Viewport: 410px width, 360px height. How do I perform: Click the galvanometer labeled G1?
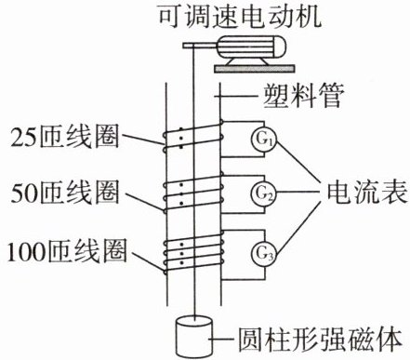point(264,140)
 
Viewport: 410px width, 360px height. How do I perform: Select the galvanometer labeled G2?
point(264,193)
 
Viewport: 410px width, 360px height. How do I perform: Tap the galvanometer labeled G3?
point(264,254)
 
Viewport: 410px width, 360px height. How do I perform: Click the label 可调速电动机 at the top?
point(239,16)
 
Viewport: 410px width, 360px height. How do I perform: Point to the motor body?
point(252,48)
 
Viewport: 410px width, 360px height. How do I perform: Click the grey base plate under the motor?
point(254,69)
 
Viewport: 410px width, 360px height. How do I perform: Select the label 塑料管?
point(303,96)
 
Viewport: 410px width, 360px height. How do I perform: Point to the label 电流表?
point(367,193)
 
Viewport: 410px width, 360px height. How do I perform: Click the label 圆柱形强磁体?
point(320,340)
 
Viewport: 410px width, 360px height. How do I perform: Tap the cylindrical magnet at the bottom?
point(194,337)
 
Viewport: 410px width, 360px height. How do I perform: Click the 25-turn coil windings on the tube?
point(193,138)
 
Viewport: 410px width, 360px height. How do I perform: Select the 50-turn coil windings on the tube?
point(192,193)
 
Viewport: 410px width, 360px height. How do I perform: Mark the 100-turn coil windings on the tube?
point(193,255)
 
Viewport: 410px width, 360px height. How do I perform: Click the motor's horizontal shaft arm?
point(201,46)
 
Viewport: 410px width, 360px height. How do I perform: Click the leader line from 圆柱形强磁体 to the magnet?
point(222,340)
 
